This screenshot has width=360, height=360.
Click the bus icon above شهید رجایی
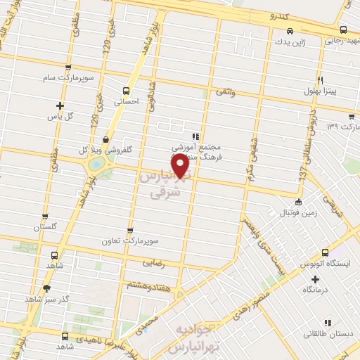[x=343, y=30]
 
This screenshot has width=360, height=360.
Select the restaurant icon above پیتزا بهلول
[x=320, y=80]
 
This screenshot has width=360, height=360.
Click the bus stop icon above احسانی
[x=127, y=90]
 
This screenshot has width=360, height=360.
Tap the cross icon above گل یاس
[x=60, y=105]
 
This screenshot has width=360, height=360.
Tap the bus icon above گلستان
[x=45, y=217]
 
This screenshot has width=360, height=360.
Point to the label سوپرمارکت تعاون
[x=149, y=242]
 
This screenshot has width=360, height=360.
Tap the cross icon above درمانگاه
[x=316, y=279]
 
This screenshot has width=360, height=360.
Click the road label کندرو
[x=271, y=15]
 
